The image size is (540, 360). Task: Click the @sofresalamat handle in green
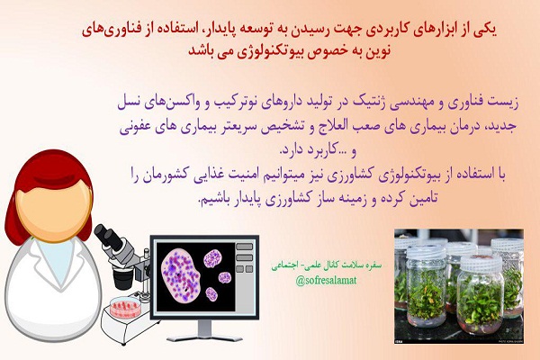click(326, 281)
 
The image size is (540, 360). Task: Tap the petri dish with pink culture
click(125, 307)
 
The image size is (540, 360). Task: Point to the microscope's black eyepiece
click(109, 237)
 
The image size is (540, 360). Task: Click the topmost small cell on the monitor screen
click(212, 258)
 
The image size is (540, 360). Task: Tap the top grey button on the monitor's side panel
click(244, 247)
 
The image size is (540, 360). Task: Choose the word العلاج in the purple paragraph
click(333, 126)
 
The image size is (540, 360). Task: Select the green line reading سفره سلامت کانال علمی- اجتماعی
click(326, 265)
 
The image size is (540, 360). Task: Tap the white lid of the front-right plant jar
click(481, 263)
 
